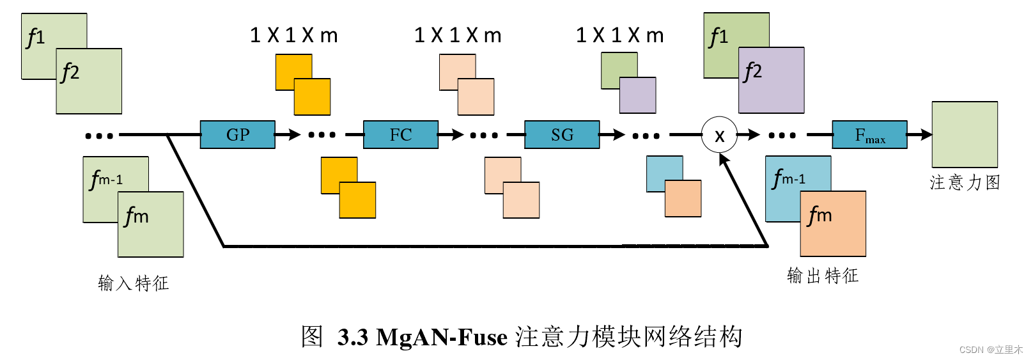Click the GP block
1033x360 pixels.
(x=237, y=135)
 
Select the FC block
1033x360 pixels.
(x=401, y=135)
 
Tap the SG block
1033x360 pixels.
(x=562, y=135)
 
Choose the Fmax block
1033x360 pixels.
(x=869, y=135)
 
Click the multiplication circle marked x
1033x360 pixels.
(x=719, y=135)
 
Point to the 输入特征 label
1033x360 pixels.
(x=133, y=283)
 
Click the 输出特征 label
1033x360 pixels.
(x=823, y=276)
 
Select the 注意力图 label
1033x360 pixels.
(x=965, y=183)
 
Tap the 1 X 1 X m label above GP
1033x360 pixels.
(x=293, y=35)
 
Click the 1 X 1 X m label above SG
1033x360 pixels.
(x=619, y=35)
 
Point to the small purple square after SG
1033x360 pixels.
(x=638, y=95)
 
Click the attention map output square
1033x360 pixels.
(x=965, y=135)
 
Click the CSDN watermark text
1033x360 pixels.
(x=991, y=350)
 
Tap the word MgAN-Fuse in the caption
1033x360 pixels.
(x=442, y=337)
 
